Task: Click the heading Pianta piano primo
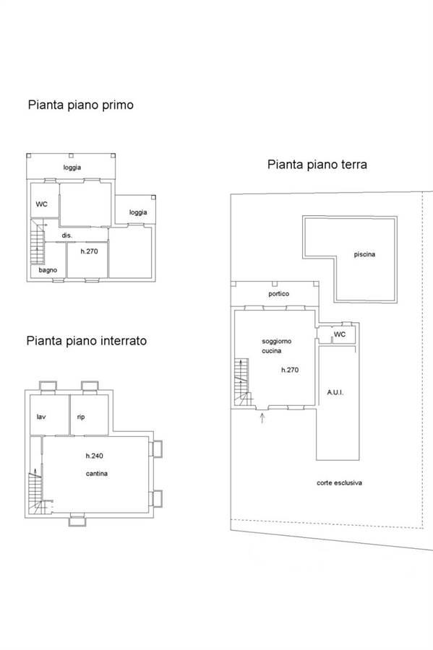pyautogui.click(x=80, y=105)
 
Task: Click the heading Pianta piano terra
pyautogui.click(x=317, y=165)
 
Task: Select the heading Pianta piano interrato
pyautogui.click(x=86, y=341)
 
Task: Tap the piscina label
pyautogui.click(x=364, y=254)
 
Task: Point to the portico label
pyautogui.click(x=279, y=293)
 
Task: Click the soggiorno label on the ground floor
pyautogui.click(x=277, y=341)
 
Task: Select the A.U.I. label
pyautogui.click(x=335, y=392)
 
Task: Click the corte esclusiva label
pyautogui.click(x=339, y=482)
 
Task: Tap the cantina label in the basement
pyautogui.click(x=97, y=473)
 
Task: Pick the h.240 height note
pyautogui.click(x=95, y=456)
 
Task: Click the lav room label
pyautogui.click(x=41, y=417)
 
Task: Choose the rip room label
pyautogui.click(x=81, y=417)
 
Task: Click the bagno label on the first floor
pyautogui.click(x=48, y=270)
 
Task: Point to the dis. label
pyautogui.click(x=67, y=235)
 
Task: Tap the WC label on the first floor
pyautogui.click(x=41, y=204)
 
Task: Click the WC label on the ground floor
pyautogui.click(x=340, y=334)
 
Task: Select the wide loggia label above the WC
pyautogui.click(x=72, y=168)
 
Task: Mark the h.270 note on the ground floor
pyautogui.click(x=290, y=370)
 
